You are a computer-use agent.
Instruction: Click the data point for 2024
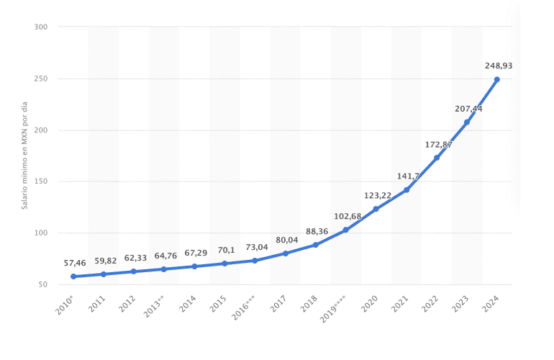click(x=496, y=80)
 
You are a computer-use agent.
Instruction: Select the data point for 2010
click(x=73, y=276)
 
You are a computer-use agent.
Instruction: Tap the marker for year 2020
click(x=376, y=209)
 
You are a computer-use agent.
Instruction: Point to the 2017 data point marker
click(x=286, y=253)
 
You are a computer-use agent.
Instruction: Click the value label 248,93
click(x=499, y=66)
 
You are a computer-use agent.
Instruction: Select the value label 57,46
click(x=75, y=263)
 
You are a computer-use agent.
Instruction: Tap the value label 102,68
click(x=348, y=216)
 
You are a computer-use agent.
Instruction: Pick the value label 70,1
click(x=226, y=250)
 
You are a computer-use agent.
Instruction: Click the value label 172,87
click(x=438, y=145)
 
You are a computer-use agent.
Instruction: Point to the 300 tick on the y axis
click(x=40, y=27)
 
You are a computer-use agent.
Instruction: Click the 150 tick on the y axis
click(x=40, y=181)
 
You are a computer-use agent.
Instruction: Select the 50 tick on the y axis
click(x=42, y=284)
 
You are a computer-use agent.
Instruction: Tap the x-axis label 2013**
click(x=154, y=306)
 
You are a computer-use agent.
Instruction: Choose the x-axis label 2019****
click(x=332, y=309)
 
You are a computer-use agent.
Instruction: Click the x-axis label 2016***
click(x=243, y=307)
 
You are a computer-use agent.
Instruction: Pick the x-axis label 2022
click(x=430, y=304)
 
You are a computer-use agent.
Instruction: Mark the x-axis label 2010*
click(x=65, y=305)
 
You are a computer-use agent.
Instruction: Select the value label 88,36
click(x=317, y=232)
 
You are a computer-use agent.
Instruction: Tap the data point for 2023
click(x=467, y=122)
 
